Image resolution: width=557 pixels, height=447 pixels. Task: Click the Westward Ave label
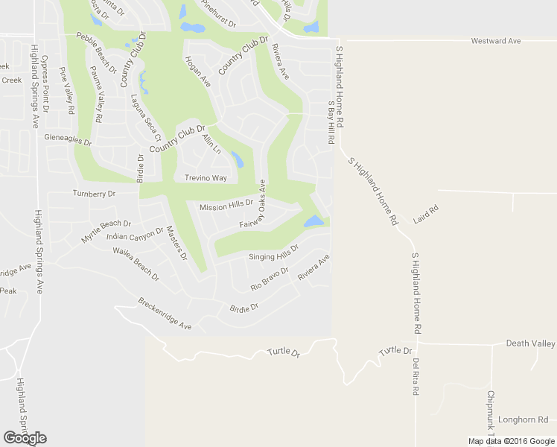(x=495, y=41)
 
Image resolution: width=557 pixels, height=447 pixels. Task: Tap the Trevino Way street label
(x=206, y=178)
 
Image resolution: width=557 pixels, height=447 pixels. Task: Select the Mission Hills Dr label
(x=226, y=204)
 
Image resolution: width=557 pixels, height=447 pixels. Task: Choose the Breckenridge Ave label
(x=165, y=314)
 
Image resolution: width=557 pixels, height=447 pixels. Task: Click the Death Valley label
(x=530, y=343)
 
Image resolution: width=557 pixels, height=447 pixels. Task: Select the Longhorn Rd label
(x=523, y=419)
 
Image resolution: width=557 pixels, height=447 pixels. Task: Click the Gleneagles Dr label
(x=68, y=139)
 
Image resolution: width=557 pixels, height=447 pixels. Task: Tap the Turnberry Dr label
(x=95, y=194)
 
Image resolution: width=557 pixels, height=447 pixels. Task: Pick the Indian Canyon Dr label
(x=135, y=235)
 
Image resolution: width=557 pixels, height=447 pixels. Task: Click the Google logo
(x=25, y=437)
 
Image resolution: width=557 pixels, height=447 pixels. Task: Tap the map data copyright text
(x=511, y=441)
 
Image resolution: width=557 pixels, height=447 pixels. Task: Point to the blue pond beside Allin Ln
(x=238, y=159)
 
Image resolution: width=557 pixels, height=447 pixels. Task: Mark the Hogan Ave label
(x=199, y=72)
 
